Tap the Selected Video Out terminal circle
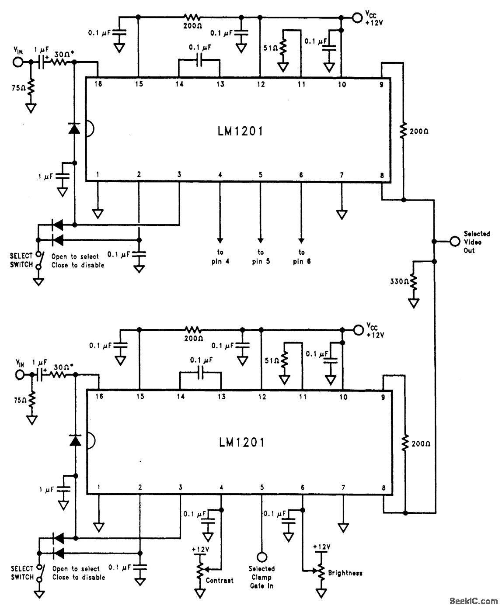[x=455, y=241]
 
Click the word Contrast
[x=220, y=580]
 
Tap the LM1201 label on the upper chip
[x=241, y=131]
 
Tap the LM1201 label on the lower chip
[x=241, y=443]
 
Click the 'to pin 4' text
[x=220, y=257]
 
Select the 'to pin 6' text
[x=302, y=257]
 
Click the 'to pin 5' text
[x=261, y=257]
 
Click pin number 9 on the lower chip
[x=382, y=397]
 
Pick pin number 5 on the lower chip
[x=262, y=487]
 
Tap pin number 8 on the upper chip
[x=382, y=175]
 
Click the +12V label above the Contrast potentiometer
[x=201, y=549]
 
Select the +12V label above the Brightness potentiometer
[x=322, y=547]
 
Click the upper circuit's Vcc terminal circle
[x=357, y=17]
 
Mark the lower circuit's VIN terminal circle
[x=19, y=375]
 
